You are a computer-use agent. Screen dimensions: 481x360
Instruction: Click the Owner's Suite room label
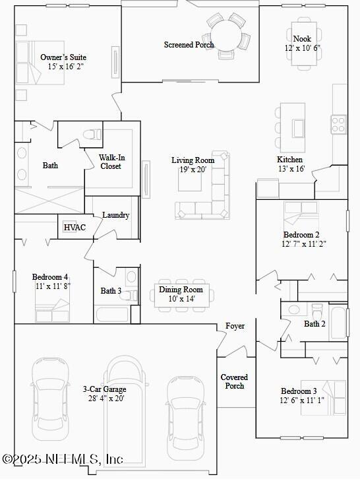[x=63, y=57]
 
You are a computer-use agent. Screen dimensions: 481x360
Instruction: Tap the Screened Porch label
[x=189, y=45]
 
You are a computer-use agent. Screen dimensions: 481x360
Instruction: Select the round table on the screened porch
[x=226, y=32]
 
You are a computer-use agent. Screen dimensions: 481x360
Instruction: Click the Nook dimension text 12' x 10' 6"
[x=303, y=48]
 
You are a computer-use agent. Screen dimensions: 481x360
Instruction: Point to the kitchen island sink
[x=298, y=127]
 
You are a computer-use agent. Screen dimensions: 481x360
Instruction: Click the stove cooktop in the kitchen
[x=338, y=124]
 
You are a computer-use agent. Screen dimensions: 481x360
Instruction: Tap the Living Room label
[x=193, y=160]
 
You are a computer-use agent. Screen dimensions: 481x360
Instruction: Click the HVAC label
[x=71, y=228]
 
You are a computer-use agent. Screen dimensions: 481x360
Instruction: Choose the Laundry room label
[x=116, y=215]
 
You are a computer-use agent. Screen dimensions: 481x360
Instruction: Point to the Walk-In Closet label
[x=112, y=162]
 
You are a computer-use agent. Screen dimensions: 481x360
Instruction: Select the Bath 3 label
[x=111, y=291]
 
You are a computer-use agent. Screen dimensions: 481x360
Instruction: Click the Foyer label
[x=235, y=326]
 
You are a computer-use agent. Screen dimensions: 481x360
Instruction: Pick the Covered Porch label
[x=234, y=381]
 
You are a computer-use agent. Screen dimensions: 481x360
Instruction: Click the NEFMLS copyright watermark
[x=62, y=459]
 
